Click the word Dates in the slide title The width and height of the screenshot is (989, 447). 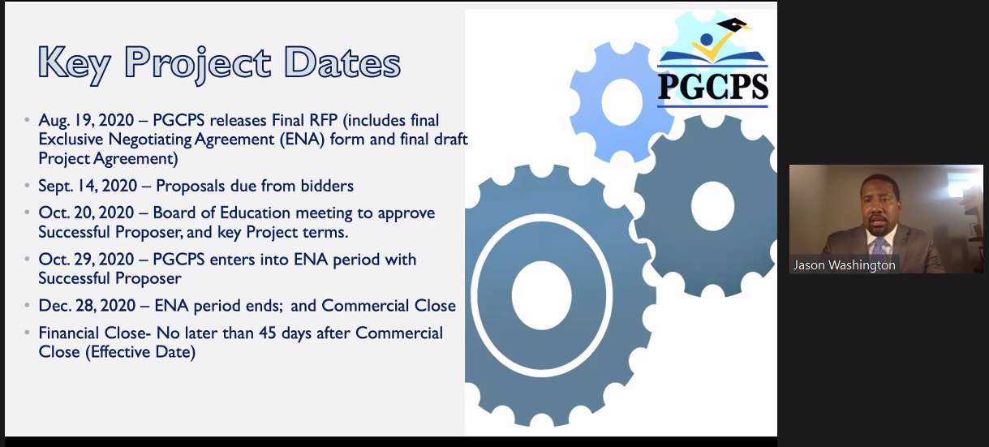[342, 62]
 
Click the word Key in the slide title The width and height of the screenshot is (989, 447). [74, 64]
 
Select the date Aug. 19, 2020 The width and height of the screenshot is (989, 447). [86, 120]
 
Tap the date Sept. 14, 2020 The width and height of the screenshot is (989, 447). [88, 186]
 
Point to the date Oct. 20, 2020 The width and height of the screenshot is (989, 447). [86, 213]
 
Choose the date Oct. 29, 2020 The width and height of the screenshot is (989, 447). [86, 260]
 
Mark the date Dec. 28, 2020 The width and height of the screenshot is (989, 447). [87, 306]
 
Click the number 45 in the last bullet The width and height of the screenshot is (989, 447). [268, 333]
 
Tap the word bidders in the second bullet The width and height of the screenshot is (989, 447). [327, 186]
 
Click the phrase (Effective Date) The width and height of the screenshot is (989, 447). [140, 352]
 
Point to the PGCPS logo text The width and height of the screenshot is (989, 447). [712, 87]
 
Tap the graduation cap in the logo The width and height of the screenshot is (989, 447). [733, 24]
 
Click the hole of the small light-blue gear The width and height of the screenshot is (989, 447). [621, 102]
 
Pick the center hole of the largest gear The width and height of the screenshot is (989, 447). [542, 295]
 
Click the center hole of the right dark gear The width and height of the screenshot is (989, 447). [712, 205]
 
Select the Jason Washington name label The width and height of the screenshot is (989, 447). [845, 265]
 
